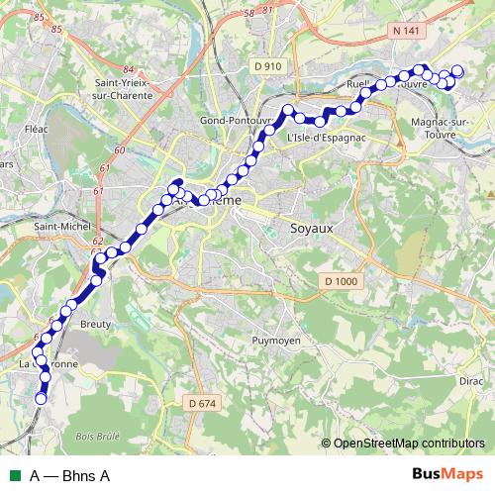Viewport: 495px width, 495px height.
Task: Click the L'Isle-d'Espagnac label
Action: pos(321,136)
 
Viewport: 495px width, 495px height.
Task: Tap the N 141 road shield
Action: pos(406,32)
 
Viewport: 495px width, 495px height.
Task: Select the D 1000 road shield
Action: pos(339,283)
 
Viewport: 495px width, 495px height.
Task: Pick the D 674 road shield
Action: pos(200,403)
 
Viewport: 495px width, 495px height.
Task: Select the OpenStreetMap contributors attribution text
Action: pos(409,443)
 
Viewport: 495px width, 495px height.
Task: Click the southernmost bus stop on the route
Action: pos(42,398)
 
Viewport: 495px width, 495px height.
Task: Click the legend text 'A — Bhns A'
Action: pos(69,475)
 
